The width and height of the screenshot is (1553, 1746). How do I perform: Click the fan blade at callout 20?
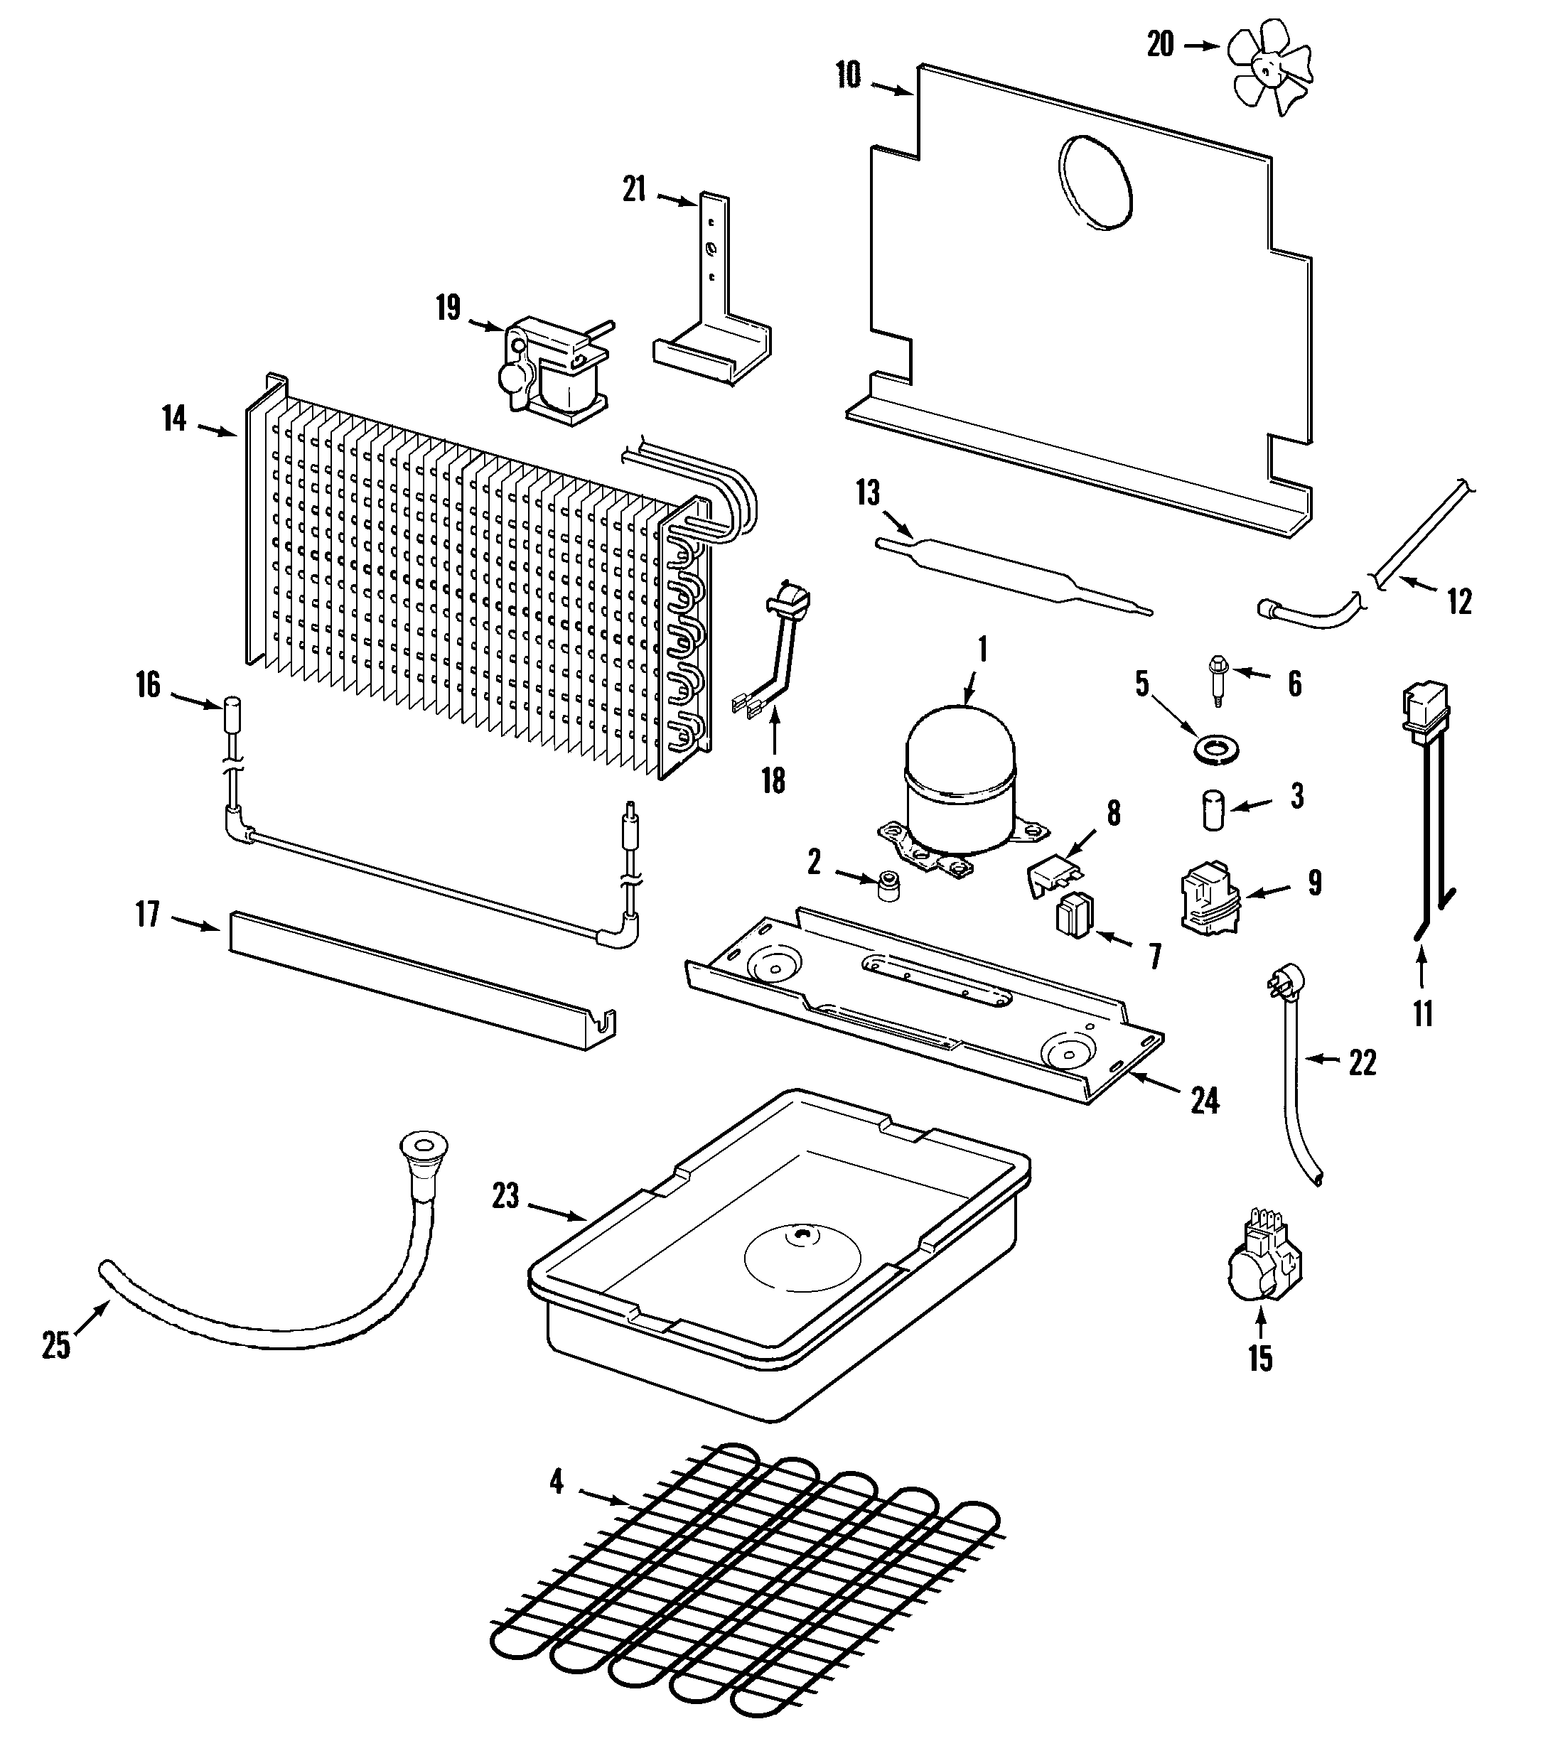1269,68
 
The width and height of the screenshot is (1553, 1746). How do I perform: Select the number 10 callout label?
848,75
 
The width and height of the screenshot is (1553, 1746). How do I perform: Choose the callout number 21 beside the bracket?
634,189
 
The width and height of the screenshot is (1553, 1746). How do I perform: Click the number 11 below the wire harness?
1422,1014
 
